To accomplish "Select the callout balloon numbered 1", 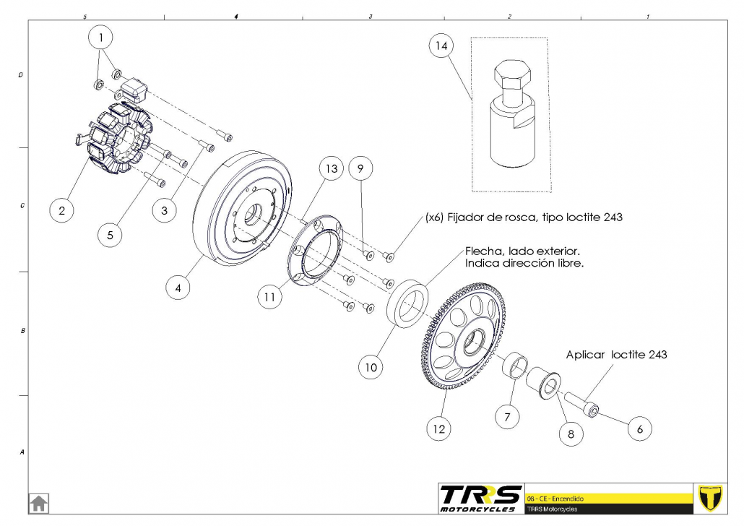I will pyautogui.click(x=101, y=35).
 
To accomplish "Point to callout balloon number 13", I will pyautogui.click(x=332, y=169).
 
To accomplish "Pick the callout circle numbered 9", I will pyautogui.click(x=360, y=168).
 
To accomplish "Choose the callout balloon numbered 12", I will pyautogui.click(x=438, y=428).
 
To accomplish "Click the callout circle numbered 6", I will pyautogui.click(x=639, y=428).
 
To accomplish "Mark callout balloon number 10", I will pyautogui.click(x=371, y=366).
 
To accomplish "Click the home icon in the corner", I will pyautogui.click(x=38, y=502).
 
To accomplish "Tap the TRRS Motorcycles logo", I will pyautogui.click(x=480, y=497).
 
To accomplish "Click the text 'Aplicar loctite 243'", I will pyautogui.click(x=616, y=355).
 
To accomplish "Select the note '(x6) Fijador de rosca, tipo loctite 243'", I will pyautogui.click(x=524, y=217).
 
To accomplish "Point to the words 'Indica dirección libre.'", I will pyautogui.click(x=523, y=263).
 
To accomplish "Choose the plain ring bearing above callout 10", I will pyautogui.click(x=409, y=302).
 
